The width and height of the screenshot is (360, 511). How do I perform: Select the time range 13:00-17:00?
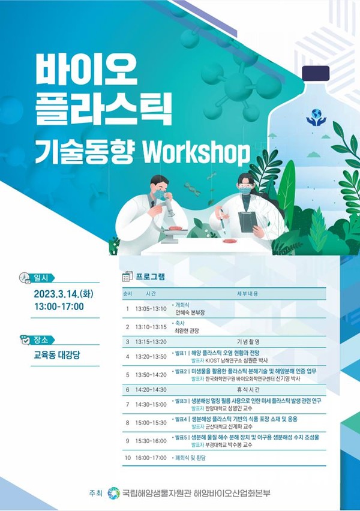tap(59, 307)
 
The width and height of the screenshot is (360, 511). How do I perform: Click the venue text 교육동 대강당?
tap(57, 355)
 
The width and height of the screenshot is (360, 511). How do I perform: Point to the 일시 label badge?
tap(42, 277)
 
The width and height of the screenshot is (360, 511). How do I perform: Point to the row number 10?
tap(127, 458)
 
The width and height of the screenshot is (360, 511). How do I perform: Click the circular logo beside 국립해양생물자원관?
tap(113, 494)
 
